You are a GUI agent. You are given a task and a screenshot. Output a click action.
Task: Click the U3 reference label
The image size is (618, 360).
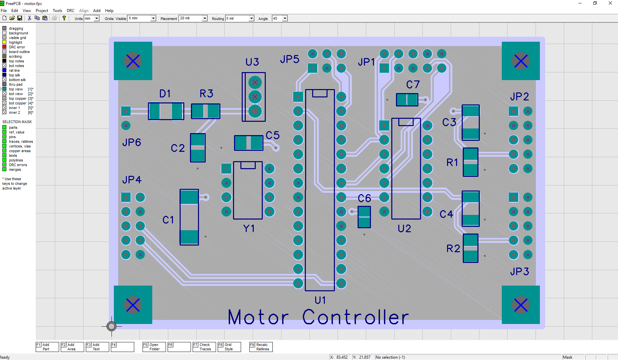tap(252, 62)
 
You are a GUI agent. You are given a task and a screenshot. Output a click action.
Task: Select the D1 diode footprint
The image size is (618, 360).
tap(166, 111)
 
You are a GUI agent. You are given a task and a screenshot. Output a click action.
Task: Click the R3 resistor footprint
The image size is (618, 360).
tap(205, 111)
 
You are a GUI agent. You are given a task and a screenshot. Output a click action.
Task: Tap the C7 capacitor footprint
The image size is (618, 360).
tap(407, 100)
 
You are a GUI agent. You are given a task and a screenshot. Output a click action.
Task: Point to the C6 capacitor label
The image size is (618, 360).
tap(364, 199)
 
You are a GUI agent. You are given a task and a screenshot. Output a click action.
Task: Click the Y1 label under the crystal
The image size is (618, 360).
tap(249, 229)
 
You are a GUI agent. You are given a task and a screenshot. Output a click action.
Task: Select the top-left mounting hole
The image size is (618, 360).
tap(133, 61)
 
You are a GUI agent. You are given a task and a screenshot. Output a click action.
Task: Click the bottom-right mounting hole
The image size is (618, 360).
tap(521, 305)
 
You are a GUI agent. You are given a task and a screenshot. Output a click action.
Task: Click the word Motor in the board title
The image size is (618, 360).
tap(258, 317)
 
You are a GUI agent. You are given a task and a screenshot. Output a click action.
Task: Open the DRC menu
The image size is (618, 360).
tap(70, 11)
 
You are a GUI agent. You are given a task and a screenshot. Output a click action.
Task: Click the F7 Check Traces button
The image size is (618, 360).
tap(204, 347)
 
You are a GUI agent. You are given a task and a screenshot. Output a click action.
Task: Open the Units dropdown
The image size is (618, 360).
tap(96, 19)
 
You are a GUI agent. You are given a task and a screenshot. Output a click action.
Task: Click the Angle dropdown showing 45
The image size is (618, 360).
tap(285, 19)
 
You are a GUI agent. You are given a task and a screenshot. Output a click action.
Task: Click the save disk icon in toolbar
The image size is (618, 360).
tap(20, 18)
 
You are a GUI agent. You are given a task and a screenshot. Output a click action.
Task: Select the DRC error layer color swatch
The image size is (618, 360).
tap(4, 47)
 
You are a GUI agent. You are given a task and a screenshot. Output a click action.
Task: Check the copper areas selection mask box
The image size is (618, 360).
tap(4, 151)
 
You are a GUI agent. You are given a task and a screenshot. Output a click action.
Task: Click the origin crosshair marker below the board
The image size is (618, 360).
tap(112, 326)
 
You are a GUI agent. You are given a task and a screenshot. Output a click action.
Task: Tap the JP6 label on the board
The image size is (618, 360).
tap(132, 142)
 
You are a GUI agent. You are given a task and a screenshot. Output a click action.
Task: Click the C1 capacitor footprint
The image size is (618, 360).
tap(189, 217)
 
